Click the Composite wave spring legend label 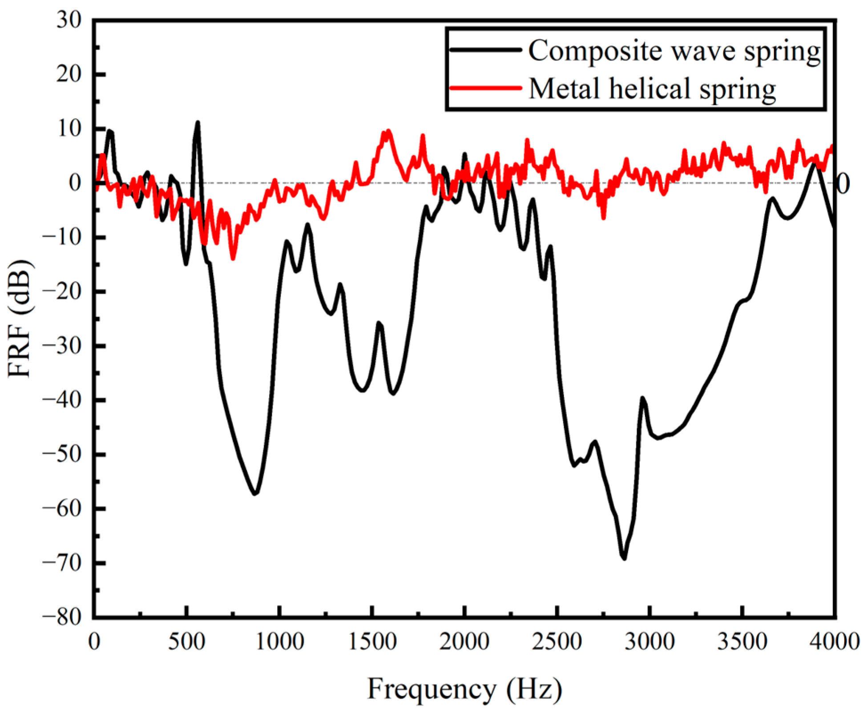(674, 50)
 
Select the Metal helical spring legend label (652, 88)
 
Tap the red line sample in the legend (485, 88)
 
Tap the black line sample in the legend (485, 50)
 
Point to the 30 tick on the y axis (69, 20)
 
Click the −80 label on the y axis (63, 617)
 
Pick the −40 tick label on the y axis (63, 399)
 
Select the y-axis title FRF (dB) (20, 318)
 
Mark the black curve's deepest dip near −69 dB (625, 558)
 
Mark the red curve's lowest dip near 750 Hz (233, 258)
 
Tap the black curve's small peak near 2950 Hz (642, 398)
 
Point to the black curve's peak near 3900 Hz (814, 165)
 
